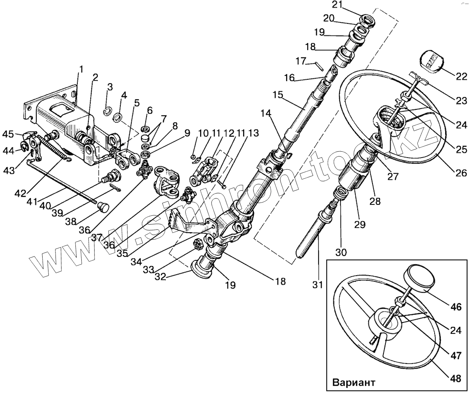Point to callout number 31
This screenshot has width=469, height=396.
[317, 285]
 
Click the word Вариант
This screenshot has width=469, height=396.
[354, 382]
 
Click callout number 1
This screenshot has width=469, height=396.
[81, 70]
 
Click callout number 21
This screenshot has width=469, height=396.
[337, 5]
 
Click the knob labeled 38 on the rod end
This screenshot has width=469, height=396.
[103, 206]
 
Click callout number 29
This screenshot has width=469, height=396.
[360, 224]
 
